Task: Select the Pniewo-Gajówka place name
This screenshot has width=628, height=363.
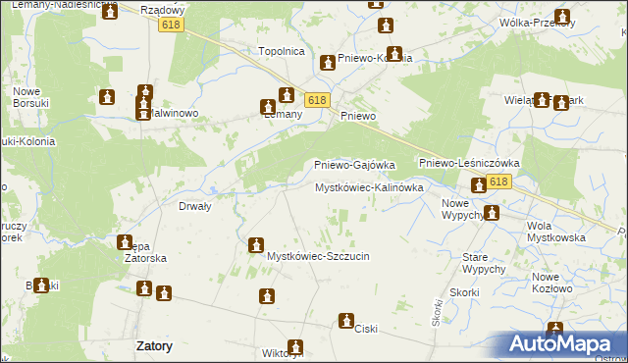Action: coord(353,165)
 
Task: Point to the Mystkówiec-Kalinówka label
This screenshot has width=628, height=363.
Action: coord(369,186)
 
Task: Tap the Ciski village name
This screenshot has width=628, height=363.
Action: coord(366,330)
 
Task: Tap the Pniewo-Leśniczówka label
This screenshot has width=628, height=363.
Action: coord(468,163)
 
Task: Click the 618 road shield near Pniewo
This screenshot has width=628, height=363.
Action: coord(316,100)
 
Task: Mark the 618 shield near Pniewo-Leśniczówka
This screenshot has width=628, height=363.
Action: coord(498,182)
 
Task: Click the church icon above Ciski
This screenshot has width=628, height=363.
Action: coord(346,320)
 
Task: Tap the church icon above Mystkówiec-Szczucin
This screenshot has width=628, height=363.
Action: coord(256,244)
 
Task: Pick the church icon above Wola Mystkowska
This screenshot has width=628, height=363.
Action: coord(492,212)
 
